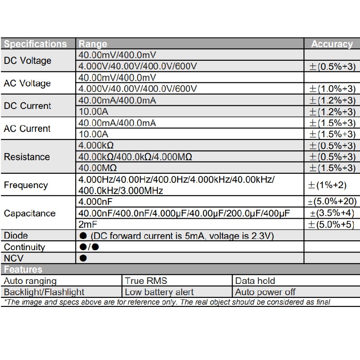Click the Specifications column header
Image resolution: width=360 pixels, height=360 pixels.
35,44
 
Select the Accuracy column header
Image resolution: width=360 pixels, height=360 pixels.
332,44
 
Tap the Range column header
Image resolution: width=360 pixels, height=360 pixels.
93,44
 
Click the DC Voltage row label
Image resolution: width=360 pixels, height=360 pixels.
27,61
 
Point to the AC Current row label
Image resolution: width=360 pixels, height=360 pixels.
27,129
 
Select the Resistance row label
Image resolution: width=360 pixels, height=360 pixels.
27,157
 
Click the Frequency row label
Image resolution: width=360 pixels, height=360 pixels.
26,185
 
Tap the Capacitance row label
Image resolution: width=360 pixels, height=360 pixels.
30,213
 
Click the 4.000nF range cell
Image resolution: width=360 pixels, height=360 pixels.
95,202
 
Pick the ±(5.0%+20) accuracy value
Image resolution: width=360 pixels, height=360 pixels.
332,202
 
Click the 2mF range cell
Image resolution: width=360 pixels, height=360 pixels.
88,224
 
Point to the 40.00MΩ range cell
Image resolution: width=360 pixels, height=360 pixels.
98,168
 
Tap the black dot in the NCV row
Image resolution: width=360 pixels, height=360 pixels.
83,258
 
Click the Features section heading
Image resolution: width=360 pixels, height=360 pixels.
23,270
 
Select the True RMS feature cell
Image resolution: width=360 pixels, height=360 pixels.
146,281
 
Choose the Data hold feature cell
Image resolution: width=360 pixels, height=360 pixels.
255,281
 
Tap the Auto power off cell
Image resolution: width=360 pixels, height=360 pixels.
265,292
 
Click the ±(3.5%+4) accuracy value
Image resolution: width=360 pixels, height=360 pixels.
332,213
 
